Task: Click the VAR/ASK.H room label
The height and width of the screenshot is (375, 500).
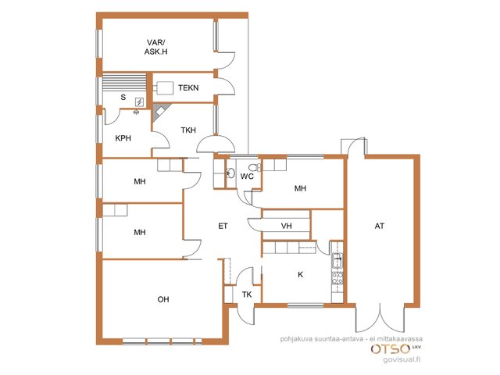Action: coord(156,47)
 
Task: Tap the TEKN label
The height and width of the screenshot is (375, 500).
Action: coord(188,87)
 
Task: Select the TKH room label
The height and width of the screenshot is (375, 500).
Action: coord(188,130)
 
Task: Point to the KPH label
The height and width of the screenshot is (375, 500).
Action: coord(123,138)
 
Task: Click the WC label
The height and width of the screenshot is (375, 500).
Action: coord(247,177)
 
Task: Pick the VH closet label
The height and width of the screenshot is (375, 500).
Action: coord(287,226)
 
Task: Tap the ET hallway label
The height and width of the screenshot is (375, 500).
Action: coord(223,226)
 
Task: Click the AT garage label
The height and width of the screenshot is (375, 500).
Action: coord(380,226)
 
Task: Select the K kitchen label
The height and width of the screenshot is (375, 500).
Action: coord(300,274)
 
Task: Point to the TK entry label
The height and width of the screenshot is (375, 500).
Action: coord(247,295)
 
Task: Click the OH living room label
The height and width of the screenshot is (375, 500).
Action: coord(163,299)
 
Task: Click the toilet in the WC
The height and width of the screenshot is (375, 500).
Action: coord(255,167)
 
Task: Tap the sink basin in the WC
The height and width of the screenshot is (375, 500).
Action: coord(230,173)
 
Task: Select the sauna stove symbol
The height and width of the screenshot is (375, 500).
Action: coord(140,102)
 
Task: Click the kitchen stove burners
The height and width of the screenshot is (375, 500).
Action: coord(337,278)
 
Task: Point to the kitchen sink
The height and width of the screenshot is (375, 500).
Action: coord(337,261)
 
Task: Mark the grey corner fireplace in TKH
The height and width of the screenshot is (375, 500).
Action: coord(160,111)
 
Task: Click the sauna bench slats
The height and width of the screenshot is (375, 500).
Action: coord(124,81)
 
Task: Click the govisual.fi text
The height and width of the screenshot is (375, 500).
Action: coord(402,359)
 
